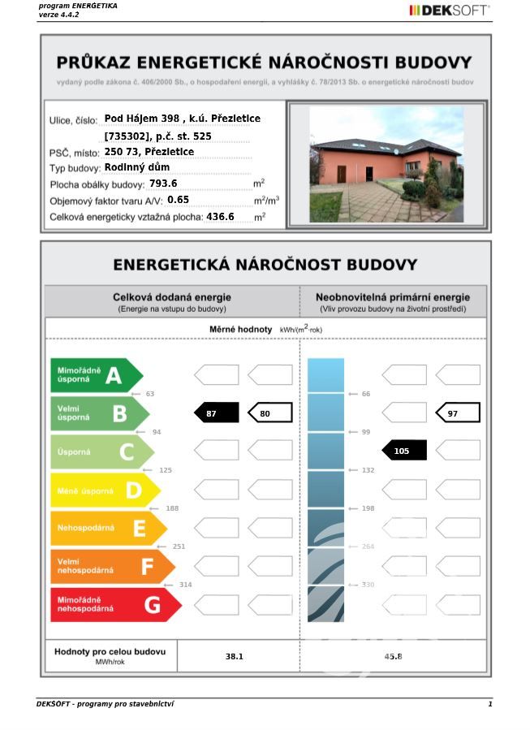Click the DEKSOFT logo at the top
click(x=449, y=11)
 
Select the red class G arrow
click(x=114, y=605)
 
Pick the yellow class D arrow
click(x=104, y=490)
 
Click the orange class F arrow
click(x=111, y=567)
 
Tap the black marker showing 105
click(x=404, y=451)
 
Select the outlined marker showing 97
click(x=458, y=413)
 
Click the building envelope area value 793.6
click(x=163, y=184)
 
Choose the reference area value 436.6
click(x=220, y=217)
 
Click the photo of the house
click(x=386, y=164)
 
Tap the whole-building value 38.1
click(x=235, y=656)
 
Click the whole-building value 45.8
click(x=393, y=656)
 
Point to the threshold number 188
click(x=172, y=508)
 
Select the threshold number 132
click(x=367, y=470)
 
